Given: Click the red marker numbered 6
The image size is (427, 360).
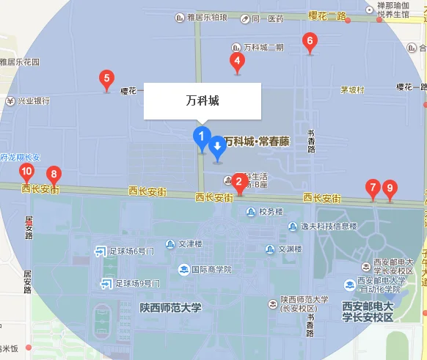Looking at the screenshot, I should [x=310, y=43].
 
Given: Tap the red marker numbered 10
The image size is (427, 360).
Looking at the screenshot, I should [x=26, y=173].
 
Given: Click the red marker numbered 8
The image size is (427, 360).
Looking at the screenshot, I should [x=53, y=175].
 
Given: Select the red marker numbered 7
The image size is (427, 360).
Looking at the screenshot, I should [x=373, y=188].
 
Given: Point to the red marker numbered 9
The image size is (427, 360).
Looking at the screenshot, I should [x=390, y=188].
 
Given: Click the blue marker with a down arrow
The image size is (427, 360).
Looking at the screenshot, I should [x=217, y=148].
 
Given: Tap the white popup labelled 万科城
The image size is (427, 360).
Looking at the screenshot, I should [x=202, y=100].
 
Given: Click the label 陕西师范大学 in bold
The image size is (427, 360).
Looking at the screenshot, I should [x=169, y=307].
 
